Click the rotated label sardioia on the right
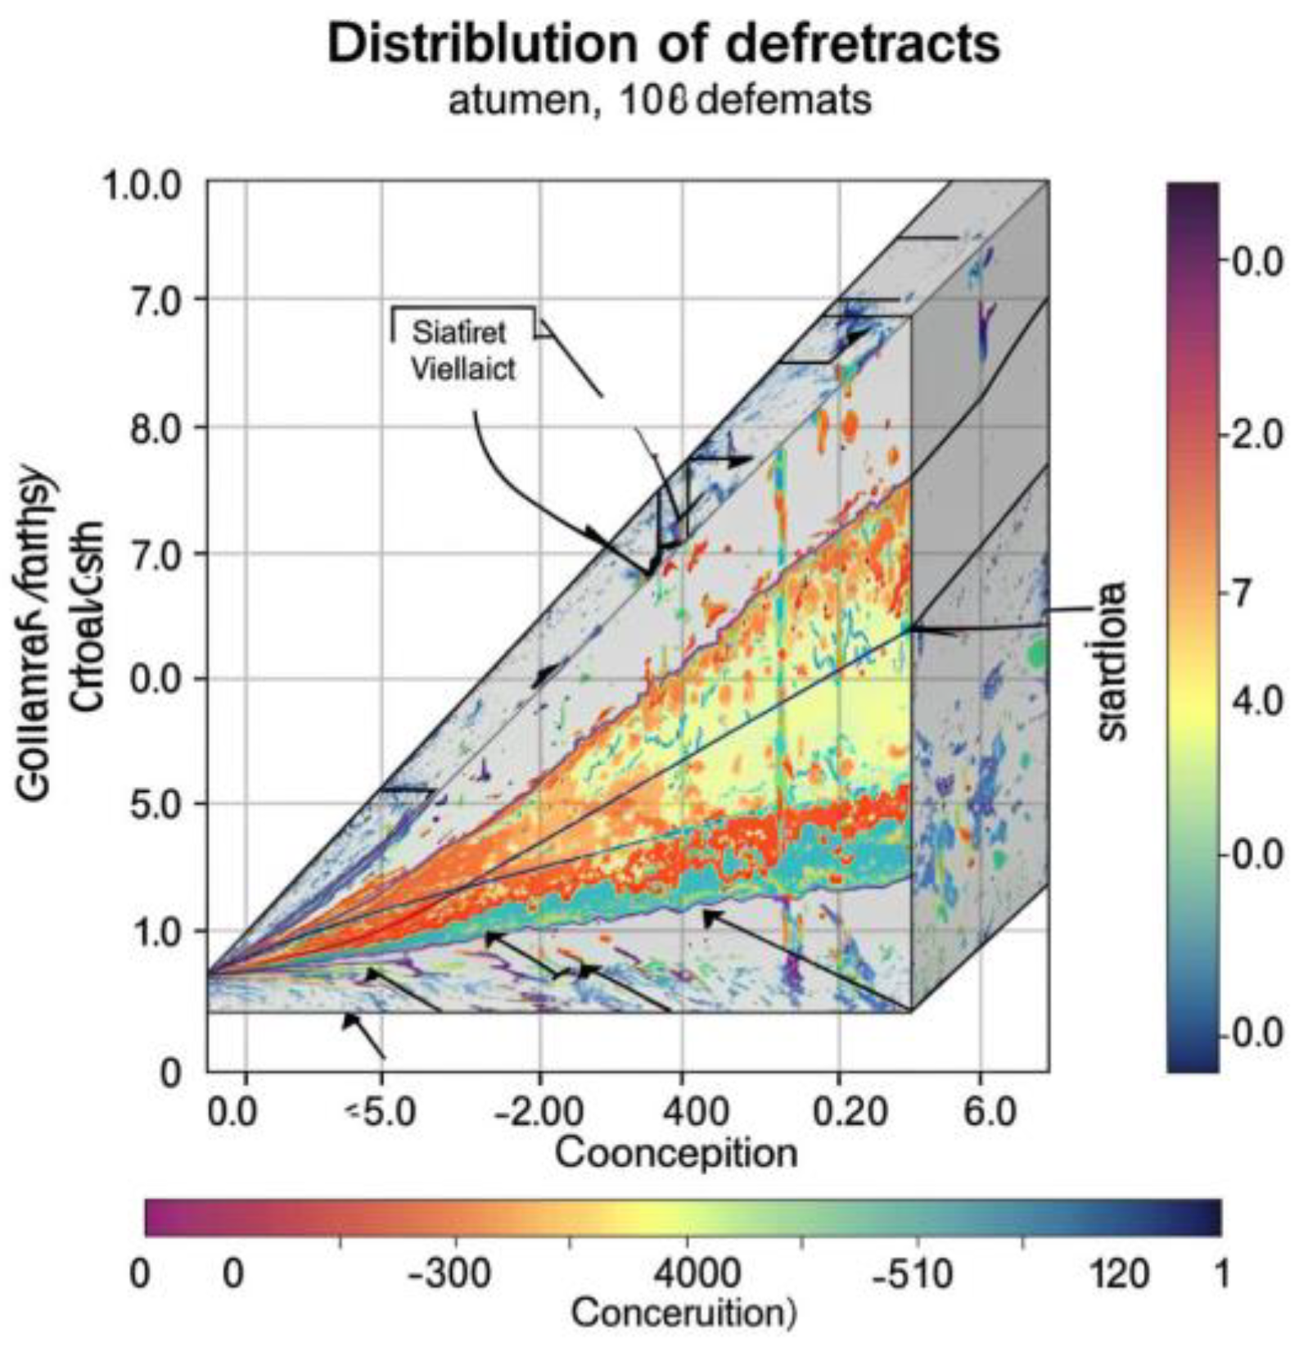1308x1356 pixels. point(1114,662)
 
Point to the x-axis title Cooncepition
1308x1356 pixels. point(675,1154)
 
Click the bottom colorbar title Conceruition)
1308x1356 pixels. point(682,1313)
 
